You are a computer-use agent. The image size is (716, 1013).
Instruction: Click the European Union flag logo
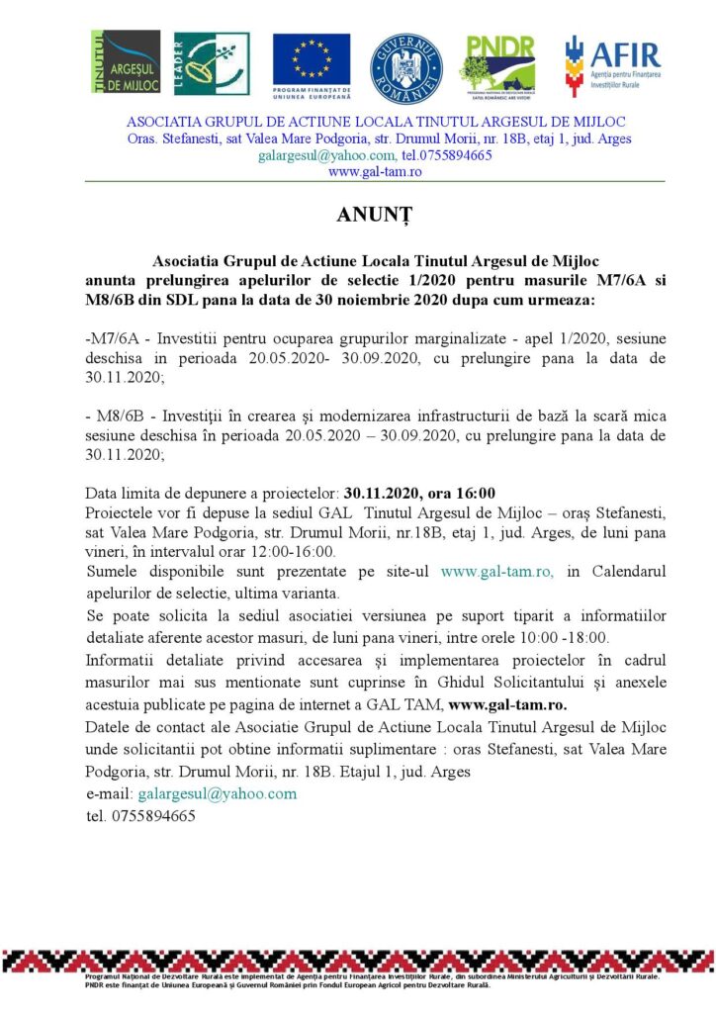point(312,63)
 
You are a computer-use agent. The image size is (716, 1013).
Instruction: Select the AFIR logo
point(612,63)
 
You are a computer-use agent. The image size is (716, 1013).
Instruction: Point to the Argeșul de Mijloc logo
point(126,63)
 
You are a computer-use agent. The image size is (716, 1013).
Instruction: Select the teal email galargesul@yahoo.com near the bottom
point(218,794)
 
